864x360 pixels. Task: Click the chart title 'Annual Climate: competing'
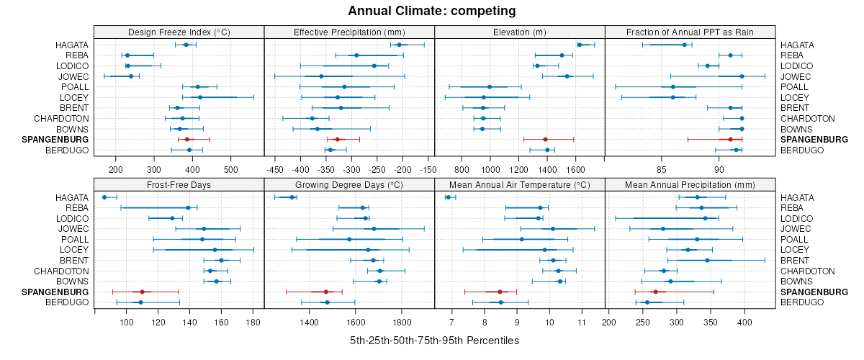[432, 11]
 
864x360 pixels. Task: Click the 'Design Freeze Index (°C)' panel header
[179, 32]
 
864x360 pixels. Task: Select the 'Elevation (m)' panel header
[520, 32]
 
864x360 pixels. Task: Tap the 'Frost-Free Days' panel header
[179, 185]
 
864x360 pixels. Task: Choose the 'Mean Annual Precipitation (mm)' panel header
[690, 185]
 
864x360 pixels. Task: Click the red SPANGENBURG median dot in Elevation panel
[545, 139]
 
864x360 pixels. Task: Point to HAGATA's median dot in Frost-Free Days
[104, 197]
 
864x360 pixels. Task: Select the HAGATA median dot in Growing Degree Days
[292, 197]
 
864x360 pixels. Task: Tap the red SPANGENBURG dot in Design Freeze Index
[187, 139]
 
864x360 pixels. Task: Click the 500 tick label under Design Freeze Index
[230, 170]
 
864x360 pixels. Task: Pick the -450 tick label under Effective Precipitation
[275, 170]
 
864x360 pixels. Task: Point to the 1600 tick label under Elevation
[575, 170]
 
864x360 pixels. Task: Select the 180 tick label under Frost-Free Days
[253, 323]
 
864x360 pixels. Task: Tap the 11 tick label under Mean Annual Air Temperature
[582, 323]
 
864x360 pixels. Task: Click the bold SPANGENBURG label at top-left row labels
[55, 139]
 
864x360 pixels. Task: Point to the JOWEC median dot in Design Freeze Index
[131, 76]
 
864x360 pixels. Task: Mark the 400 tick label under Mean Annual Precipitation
[744, 323]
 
